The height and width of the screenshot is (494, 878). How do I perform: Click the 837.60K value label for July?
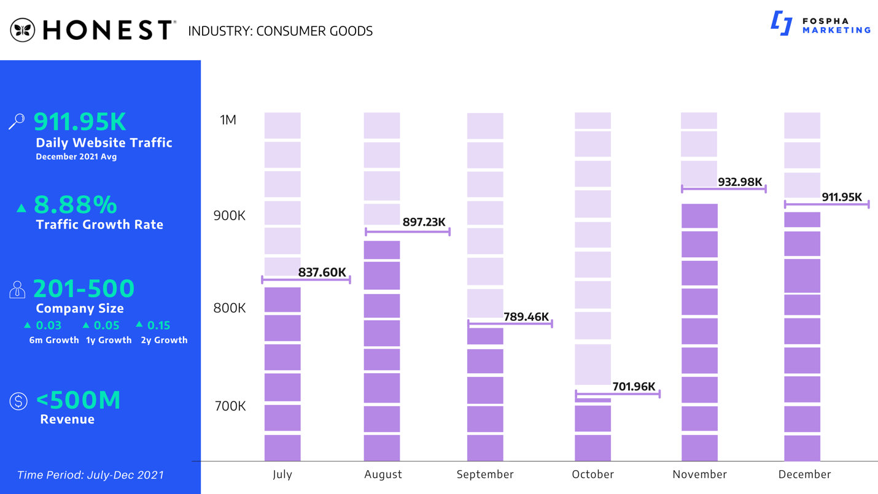pyautogui.click(x=322, y=272)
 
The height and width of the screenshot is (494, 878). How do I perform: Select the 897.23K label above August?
pyautogui.click(x=424, y=222)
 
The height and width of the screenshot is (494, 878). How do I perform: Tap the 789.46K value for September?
pyautogui.click(x=526, y=317)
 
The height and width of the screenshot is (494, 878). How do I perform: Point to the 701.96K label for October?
pyautogui.click(x=634, y=387)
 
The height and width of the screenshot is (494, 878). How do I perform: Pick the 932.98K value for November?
pyautogui.click(x=740, y=182)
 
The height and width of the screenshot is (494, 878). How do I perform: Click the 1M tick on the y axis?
pyautogui.click(x=228, y=120)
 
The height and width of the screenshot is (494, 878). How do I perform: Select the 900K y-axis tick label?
pyautogui.click(x=229, y=216)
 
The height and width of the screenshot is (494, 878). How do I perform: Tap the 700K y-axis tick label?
pyautogui.click(x=229, y=406)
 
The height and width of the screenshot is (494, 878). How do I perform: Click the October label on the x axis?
pyautogui.click(x=592, y=474)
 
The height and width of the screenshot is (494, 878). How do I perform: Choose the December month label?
pyautogui.click(x=804, y=474)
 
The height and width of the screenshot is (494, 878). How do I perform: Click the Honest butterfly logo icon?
pyautogui.click(x=23, y=30)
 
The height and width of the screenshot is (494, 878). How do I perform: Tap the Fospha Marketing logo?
pyautogui.click(x=820, y=24)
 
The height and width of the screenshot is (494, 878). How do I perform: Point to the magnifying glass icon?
pyautogui.click(x=17, y=121)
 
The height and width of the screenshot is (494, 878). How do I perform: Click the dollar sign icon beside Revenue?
pyautogui.click(x=18, y=402)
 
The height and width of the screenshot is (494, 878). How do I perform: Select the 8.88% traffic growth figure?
pyautogui.click(x=75, y=204)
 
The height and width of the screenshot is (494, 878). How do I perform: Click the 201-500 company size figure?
pyautogui.click(x=84, y=288)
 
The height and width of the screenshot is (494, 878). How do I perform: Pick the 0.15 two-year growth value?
pyautogui.click(x=158, y=325)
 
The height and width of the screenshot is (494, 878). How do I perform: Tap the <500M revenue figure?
pyautogui.click(x=78, y=400)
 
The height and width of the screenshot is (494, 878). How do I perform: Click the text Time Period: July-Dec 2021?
pyautogui.click(x=90, y=475)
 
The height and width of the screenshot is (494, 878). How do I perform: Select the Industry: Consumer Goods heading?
pyautogui.click(x=280, y=31)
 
